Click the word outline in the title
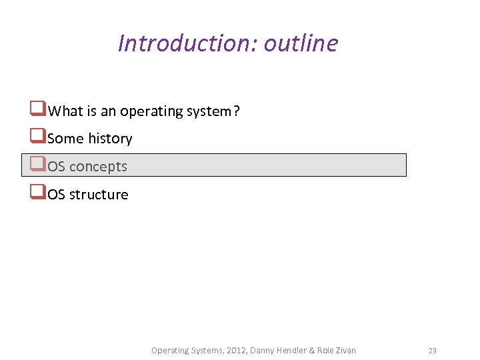[301, 43]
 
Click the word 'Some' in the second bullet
[66, 139]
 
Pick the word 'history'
[110, 139]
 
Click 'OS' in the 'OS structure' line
[56, 195]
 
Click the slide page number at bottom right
[432, 350]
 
